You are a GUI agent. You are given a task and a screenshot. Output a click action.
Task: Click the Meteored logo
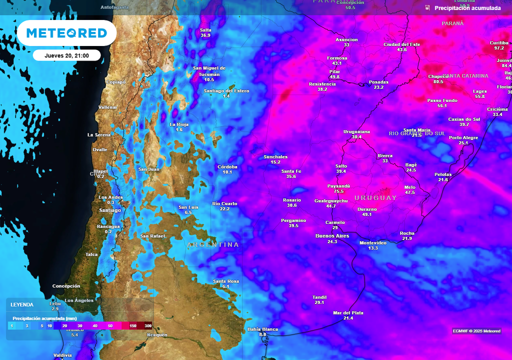pyautogui.click(x=66, y=33)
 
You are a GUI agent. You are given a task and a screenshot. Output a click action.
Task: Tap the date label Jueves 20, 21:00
pyautogui.click(x=66, y=55)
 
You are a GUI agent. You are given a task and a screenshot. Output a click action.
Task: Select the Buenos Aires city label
pyautogui.click(x=332, y=235)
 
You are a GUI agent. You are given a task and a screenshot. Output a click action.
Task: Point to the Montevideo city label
pyautogui.click(x=373, y=242)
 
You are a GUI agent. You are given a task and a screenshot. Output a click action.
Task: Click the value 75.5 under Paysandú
pyautogui.click(x=338, y=191)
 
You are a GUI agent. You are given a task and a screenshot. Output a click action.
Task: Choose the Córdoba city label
pyautogui.click(x=227, y=166)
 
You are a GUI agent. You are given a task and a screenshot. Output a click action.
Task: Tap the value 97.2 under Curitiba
pyautogui.click(x=499, y=48)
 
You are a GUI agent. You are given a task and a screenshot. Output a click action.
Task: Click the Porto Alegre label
pyautogui.click(x=463, y=137)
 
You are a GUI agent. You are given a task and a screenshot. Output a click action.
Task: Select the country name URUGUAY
pyautogui.click(x=375, y=198)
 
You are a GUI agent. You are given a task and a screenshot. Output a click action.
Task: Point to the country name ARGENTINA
pyautogui.click(x=213, y=245)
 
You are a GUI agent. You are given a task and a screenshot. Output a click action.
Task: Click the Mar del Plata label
pyautogui.click(x=348, y=312)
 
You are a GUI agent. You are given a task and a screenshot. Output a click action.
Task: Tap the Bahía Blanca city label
pyautogui.click(x=262, y=329)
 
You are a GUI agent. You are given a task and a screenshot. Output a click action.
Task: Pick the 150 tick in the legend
pyautogui.click(x=133, y=326)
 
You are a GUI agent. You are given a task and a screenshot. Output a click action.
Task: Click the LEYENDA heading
pyautogui.click(x=22, y=304)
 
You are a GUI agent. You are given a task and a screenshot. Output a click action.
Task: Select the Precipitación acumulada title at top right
pyautogui.click(x=467, y=8)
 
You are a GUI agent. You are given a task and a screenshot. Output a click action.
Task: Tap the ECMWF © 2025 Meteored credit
pyautogui.click(x=476, y=331)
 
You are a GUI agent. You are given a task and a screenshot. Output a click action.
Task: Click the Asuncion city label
pyautogui.click(x=346, y=39)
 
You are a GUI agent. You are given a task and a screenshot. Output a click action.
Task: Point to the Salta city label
pyautogui.click(x=205, y=30)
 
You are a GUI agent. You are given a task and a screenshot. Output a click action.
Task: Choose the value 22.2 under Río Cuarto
pyautogui.click(x=224, y=209)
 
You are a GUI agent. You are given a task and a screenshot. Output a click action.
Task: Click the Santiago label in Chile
pyautogui.click(x=110, y=210)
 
